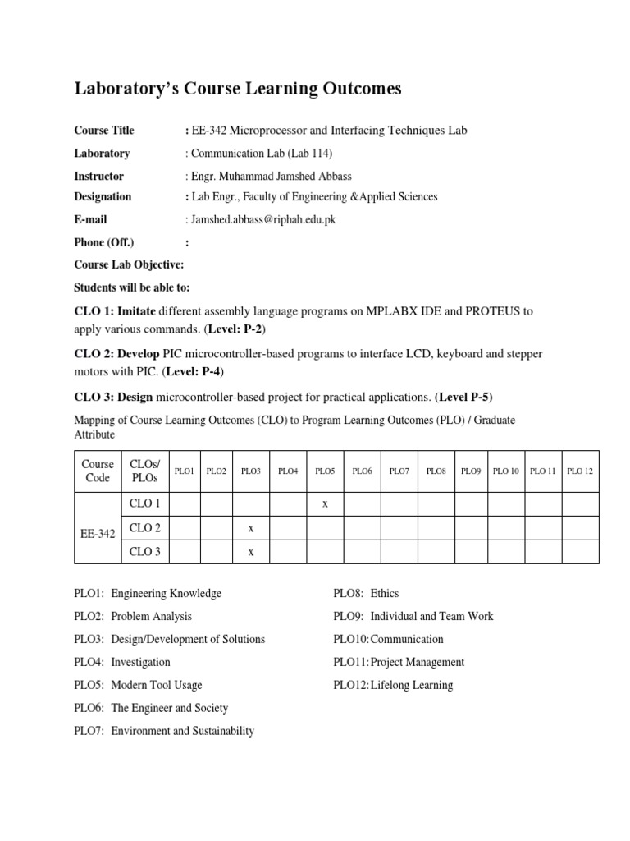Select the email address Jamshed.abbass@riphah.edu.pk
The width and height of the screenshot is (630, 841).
tap(262, 220)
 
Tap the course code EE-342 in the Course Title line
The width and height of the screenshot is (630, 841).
tap(209, 131)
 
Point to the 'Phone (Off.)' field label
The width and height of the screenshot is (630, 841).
tap(104, 242)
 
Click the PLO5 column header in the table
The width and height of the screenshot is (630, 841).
tap(325, 471)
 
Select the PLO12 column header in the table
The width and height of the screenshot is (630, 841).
tap(580, 471)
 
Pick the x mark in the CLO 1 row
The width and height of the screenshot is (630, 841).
tap(325, 504)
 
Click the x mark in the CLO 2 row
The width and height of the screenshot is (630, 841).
tap(251, 528)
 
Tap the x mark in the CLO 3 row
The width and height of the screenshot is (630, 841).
tap(251, 552)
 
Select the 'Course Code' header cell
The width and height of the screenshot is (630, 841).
tap(98, 471)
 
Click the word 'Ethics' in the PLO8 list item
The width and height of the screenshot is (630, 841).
tap(385, 593)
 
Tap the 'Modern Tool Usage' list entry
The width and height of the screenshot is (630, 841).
tap(157, 685)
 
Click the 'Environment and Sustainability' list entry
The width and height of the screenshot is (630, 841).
tap(183, 731)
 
